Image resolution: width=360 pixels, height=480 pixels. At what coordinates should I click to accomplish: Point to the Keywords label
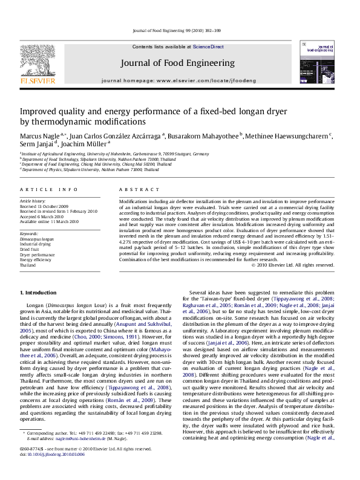30,233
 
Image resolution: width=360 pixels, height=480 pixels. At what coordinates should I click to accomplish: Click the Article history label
33,200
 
